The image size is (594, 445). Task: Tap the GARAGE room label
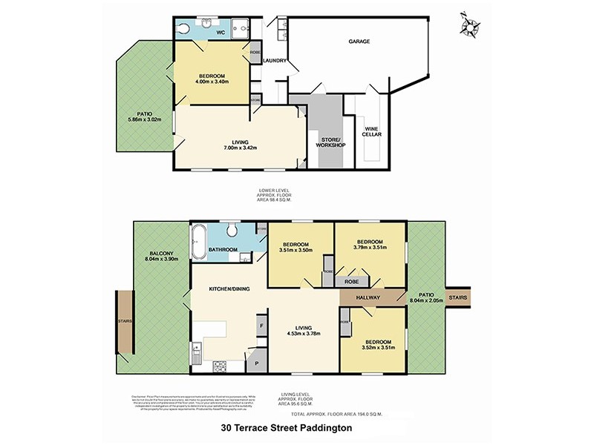(359, 42)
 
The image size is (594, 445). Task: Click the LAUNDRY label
(274, 61)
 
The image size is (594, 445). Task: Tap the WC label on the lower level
(221, 33)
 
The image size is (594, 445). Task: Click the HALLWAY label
(368, 298)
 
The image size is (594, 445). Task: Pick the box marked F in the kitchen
(261, 325)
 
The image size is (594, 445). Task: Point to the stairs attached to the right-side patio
(458, 297)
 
